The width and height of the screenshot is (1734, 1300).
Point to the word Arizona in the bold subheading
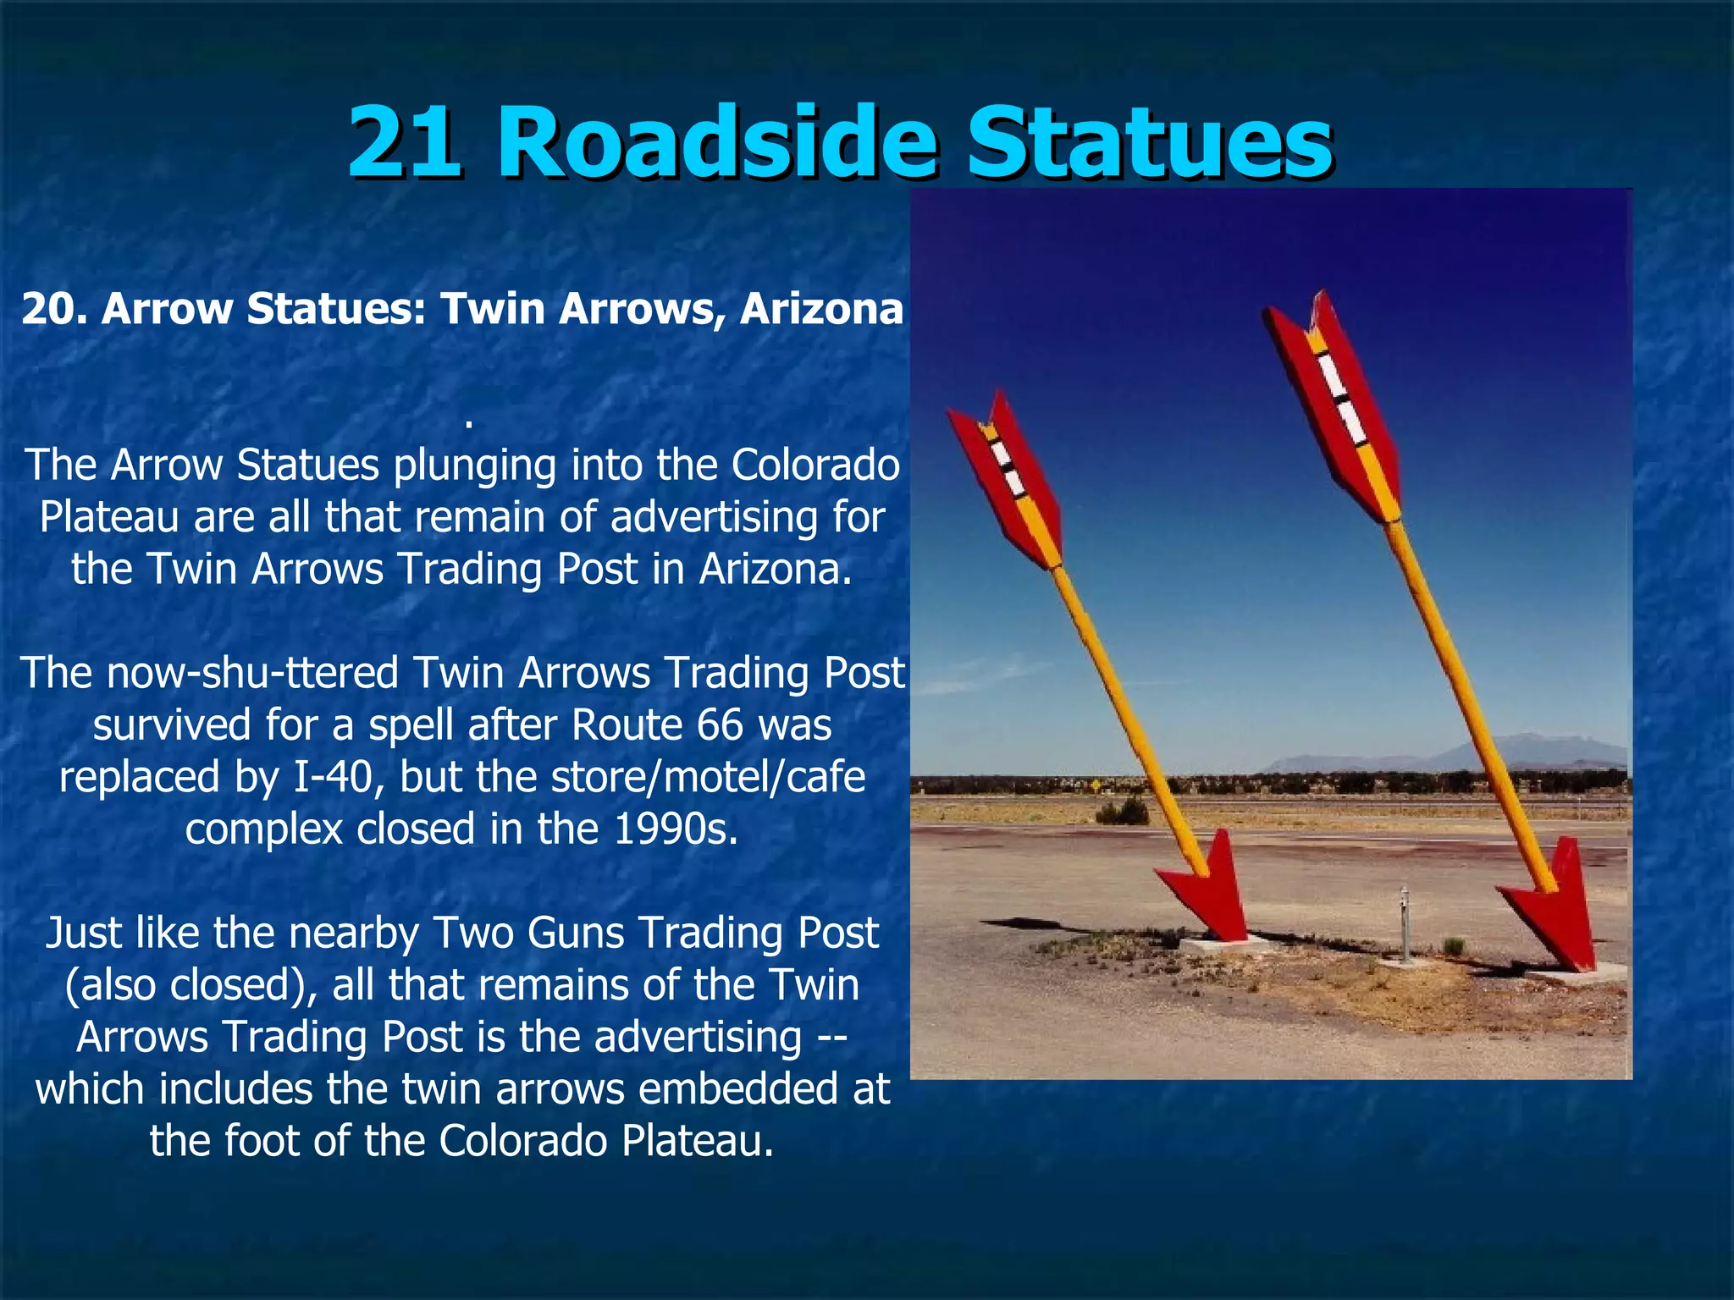point(821,309)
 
